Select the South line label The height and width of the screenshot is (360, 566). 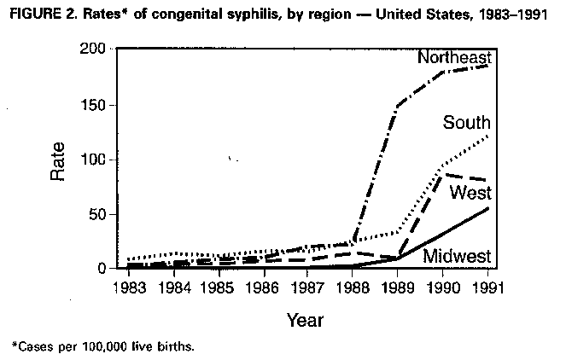tap(466, 124)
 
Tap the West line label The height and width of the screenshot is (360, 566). tap(470, 192)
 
